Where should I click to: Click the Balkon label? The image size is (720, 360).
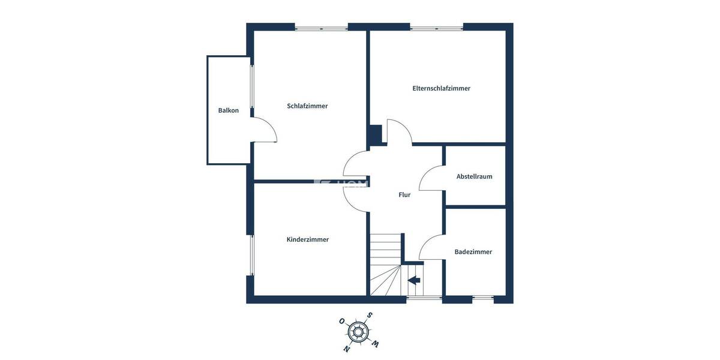(x=229, y=110)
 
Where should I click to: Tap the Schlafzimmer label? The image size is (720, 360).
(x=307, y=106)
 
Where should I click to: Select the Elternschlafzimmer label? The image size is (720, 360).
(x=441, y=88)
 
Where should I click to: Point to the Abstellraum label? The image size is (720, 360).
(x=474, y=176)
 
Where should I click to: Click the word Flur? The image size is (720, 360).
(x=404, y=194)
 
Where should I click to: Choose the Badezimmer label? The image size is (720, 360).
(x=473, y=252)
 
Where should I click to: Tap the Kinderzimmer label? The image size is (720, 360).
(x=307, y=239)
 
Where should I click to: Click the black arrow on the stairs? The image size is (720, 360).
(x=414, y=280)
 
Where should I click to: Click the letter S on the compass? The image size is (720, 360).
(x=370, y=316)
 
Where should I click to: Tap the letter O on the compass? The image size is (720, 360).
(x=341, y=321)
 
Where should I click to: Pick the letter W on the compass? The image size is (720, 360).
(x=376, y=343)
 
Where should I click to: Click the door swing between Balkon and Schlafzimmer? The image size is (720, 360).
(x=265, y=130)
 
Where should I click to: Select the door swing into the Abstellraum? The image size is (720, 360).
(x=431, y=178)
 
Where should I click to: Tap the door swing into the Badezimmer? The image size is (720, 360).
(x=431, y=247)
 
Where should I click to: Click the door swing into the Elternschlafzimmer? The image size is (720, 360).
(x=399, y=131)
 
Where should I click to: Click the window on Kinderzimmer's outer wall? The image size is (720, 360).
(x=252, y=255)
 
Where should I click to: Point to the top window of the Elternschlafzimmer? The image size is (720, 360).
(x=436, y=28)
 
